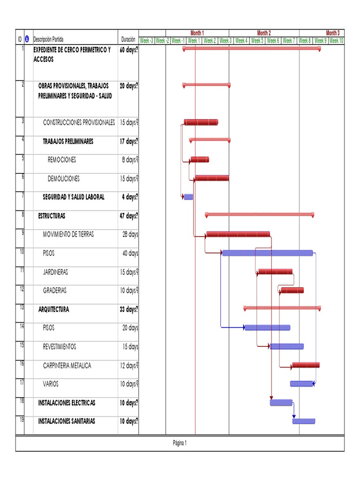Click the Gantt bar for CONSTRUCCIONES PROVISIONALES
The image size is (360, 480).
(x=201, y=122)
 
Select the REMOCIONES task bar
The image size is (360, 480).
(x=200, y=159)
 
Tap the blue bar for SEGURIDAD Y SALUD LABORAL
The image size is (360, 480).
(x=188, y=197)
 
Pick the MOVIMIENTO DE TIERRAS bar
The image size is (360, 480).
(x=238, y=234)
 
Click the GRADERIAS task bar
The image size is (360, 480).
(x=292, y=290)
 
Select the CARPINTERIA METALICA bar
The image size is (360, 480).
(x=306, y=365)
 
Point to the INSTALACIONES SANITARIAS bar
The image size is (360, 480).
(x=304, y=421)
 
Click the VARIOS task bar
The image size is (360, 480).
(x=301, y=383)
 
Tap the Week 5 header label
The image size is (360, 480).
(x=257, y=41)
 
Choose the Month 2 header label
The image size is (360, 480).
(x=264, y=33)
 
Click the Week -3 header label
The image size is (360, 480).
(x=147, y=41)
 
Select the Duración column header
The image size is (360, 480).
(x=128, y=39)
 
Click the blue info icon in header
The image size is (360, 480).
(x=27, y=39)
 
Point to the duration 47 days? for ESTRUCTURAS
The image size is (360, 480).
(x=129, y=216)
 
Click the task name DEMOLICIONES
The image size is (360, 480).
(x=64, y=179)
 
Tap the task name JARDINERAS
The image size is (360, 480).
(x=55, y=272)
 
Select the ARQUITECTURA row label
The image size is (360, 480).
(x=53, y=309)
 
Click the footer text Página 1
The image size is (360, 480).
(x=180, y=443)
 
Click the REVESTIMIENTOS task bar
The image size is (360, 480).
(x=287, y=346)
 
